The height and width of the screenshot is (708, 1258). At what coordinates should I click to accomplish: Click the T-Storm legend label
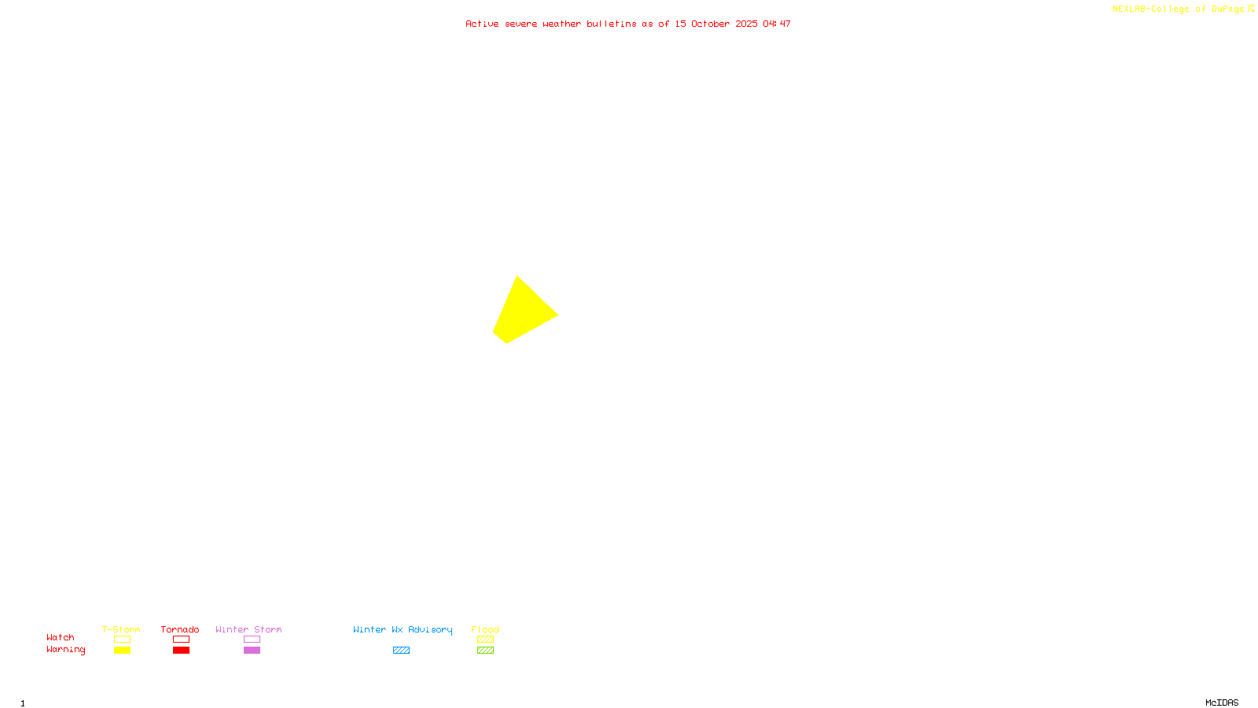[121, 629]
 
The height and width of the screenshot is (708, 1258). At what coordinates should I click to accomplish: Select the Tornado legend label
[180, 629]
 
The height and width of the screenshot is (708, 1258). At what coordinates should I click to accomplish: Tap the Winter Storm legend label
[248, 629]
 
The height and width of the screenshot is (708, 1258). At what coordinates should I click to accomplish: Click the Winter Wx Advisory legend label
[403, 629]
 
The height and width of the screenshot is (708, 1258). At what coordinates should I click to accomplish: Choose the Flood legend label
[485, 629]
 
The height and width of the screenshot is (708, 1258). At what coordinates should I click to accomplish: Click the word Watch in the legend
[61, 637]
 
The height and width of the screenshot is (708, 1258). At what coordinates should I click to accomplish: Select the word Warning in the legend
[66, 650]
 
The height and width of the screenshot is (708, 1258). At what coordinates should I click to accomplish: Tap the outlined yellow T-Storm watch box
[122, 640]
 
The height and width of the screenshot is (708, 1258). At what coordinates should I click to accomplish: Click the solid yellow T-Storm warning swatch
[122, 651]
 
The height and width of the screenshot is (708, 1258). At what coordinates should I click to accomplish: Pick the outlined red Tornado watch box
[181, 640]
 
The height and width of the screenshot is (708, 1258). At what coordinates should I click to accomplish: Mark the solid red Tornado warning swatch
[181, 651]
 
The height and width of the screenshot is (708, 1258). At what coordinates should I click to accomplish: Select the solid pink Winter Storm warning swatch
[252, 651]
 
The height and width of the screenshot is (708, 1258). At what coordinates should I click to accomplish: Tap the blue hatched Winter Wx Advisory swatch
[401, 651]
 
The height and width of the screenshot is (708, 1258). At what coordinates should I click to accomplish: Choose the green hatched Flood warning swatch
[485, 651]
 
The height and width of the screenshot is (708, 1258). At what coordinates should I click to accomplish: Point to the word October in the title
[710, 24]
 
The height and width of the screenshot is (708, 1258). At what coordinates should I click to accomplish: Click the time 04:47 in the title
[777, 24]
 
